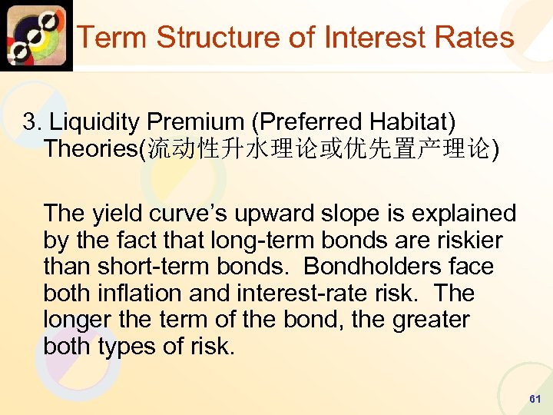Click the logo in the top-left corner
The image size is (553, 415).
tap(36, 35)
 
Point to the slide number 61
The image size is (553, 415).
tap(535, 400)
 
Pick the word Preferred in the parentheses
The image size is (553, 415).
tap(306, 121)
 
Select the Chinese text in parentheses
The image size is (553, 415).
tap(318, 148)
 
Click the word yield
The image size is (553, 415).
tap(115, 213)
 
